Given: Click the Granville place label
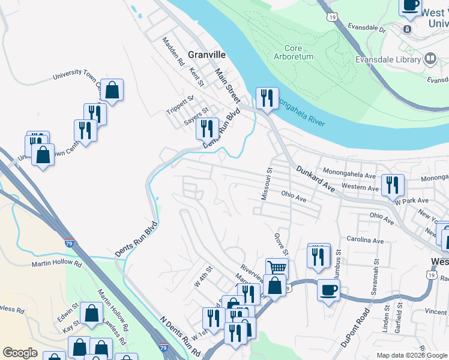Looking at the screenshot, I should pyautogui.click(x=206, y=54).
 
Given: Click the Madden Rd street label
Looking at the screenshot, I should pyautogui.click(x=171, y=52).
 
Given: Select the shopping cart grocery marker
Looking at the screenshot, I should pyautogui.click(x=277, y=268).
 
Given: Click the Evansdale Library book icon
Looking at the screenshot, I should pyautogui.click(x=430, y=59).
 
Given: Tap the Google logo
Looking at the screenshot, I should pyautogui.click(x=20, y=353).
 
